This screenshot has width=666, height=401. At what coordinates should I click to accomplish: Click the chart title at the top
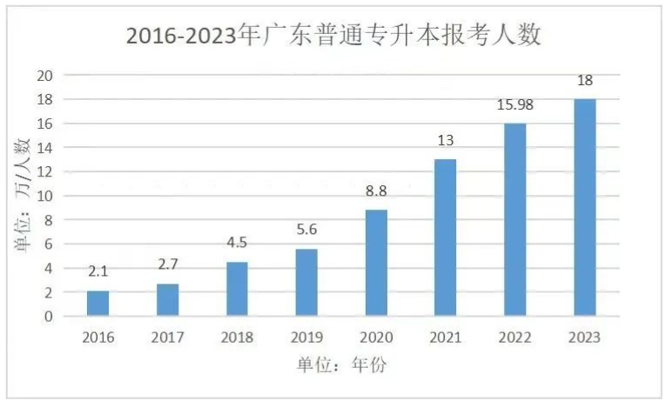pos(333,36)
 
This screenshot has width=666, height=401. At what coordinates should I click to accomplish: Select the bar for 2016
pos(98,303)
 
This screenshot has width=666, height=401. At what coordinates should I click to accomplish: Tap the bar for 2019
pos(306,282)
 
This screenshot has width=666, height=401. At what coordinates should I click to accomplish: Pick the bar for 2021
pos(446,237)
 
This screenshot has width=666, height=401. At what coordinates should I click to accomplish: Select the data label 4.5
pos(237,244)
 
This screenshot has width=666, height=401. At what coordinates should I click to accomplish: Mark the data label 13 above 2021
pos(446,141)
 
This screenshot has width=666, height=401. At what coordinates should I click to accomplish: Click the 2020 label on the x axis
pos(376,338)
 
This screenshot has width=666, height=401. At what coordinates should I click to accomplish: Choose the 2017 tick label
pos(168,338)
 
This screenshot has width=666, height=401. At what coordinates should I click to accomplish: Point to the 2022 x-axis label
pos(515,338)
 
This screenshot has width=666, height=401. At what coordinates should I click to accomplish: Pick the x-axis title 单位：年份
pos(340,365)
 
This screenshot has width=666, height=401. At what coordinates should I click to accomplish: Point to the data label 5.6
pos(306,231)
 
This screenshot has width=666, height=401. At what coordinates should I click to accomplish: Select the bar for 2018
pos(237,289)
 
